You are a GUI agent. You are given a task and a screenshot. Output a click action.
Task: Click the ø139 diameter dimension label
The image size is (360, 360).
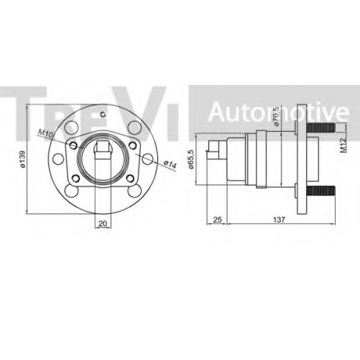[22, 159]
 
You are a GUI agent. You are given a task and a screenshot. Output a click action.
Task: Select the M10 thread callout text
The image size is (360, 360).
[45, 133]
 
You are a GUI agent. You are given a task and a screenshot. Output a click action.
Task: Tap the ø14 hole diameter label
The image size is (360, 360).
[170, 164]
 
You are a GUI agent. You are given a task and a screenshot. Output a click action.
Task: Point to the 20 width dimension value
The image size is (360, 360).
[103, 223]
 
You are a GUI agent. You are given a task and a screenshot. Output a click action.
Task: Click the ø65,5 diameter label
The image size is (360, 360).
[191, 159]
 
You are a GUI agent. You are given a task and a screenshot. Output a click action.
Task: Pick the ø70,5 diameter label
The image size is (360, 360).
[276, 117]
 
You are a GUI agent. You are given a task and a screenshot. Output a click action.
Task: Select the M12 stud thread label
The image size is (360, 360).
[343, 145]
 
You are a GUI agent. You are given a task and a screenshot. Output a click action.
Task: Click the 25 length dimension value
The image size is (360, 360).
[217, 220]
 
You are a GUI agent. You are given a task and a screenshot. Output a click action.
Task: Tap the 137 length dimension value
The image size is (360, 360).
[279, 220]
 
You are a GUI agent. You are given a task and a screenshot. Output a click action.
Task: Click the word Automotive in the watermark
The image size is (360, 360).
[279, 112]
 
